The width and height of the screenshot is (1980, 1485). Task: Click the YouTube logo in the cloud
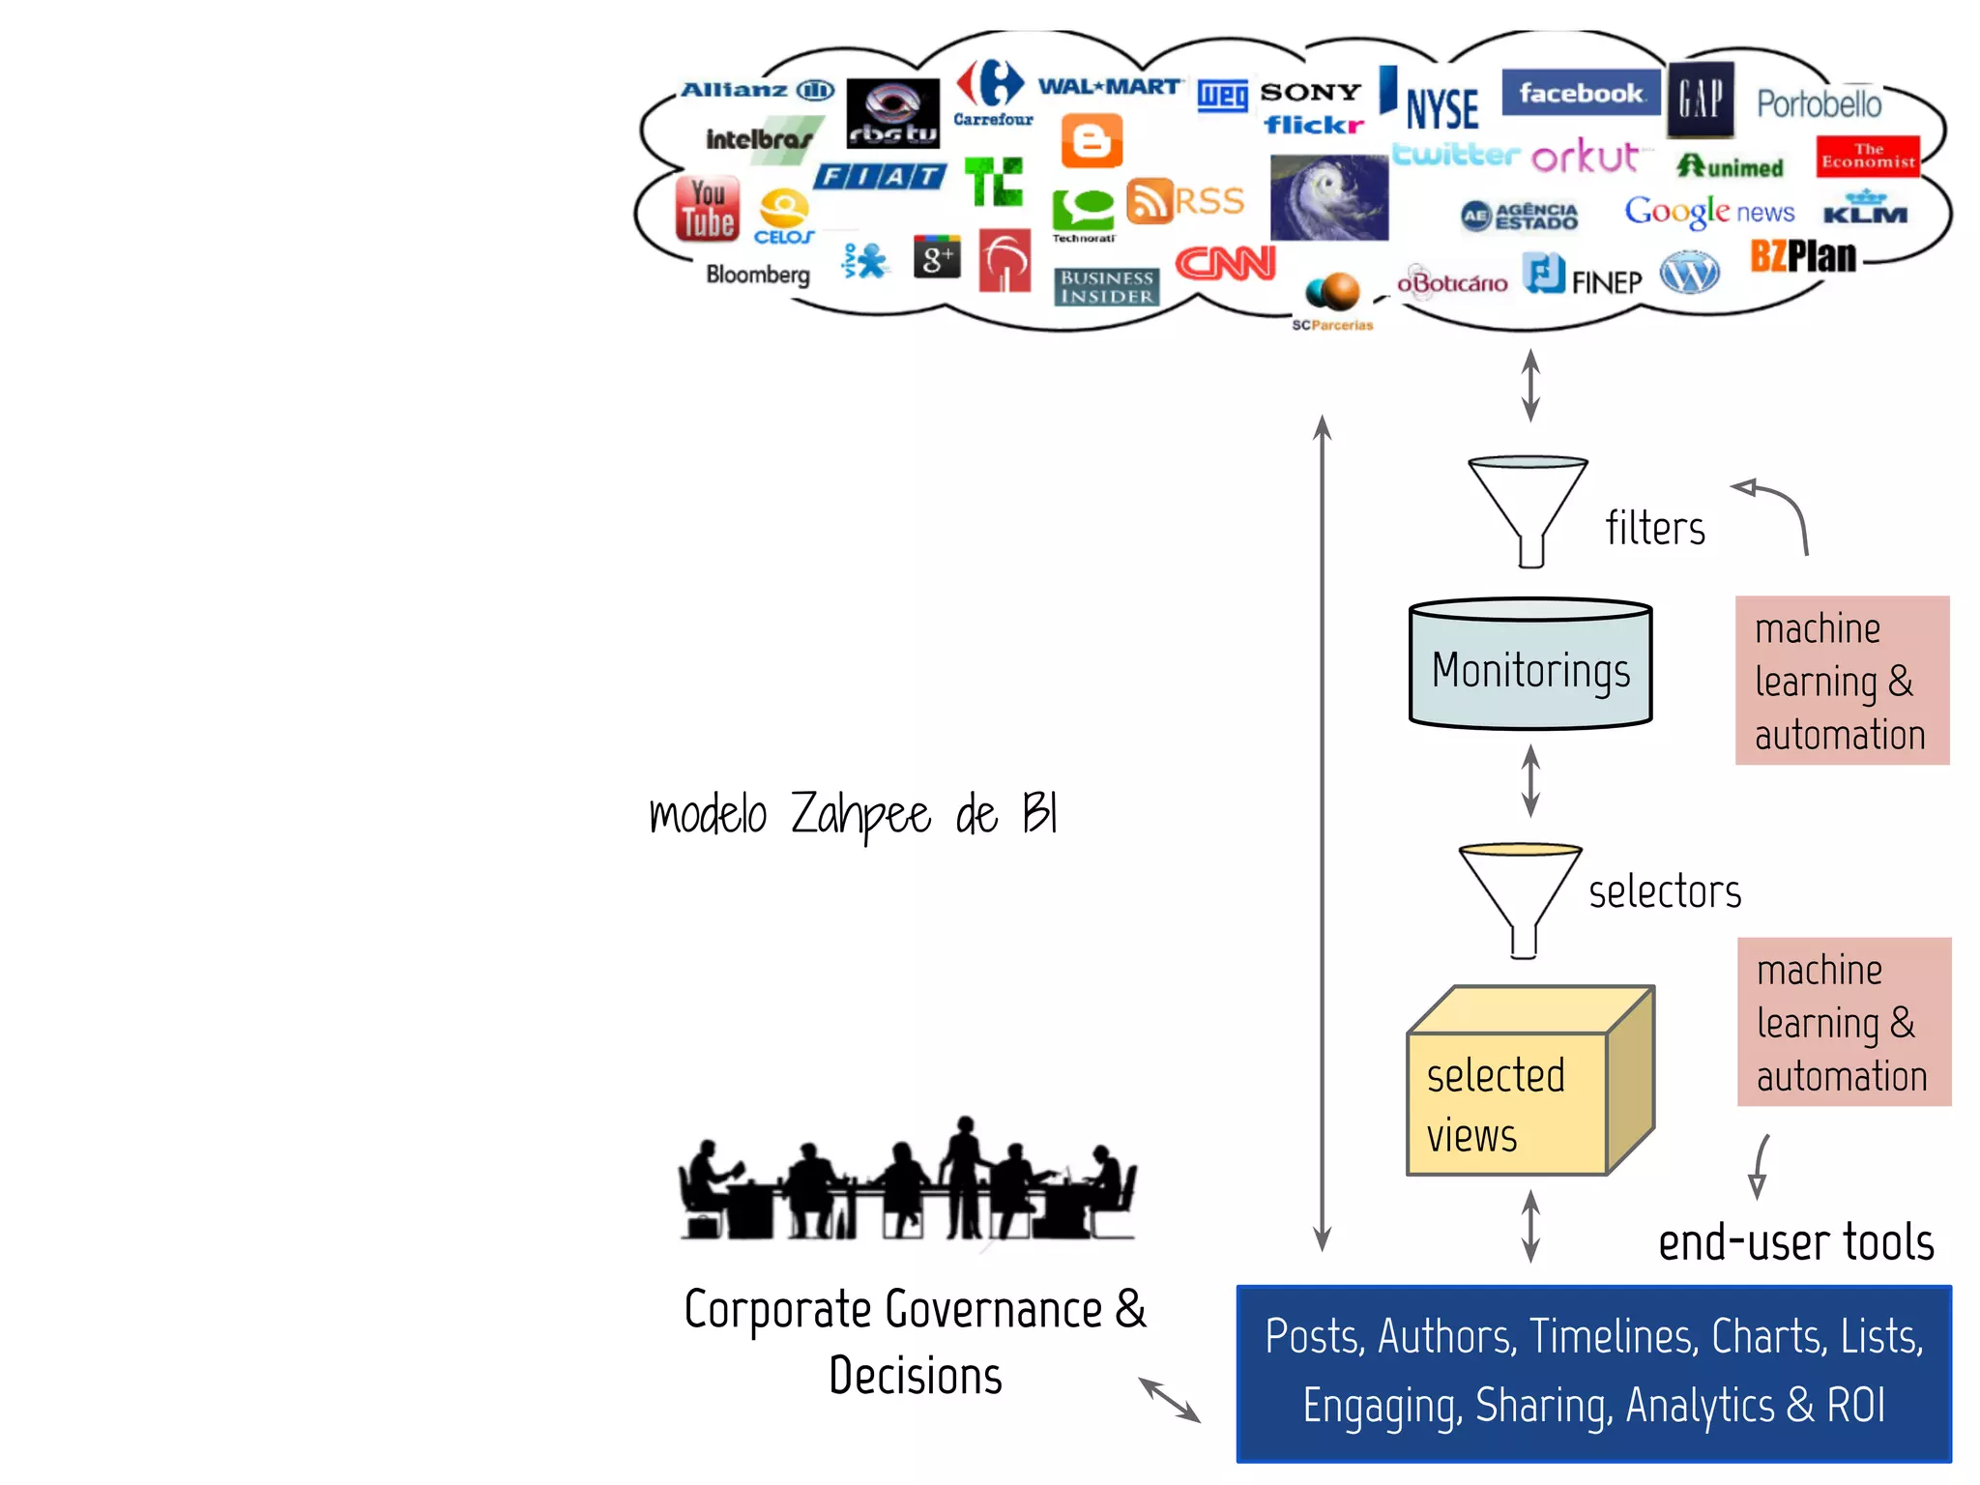[x=707, y=209]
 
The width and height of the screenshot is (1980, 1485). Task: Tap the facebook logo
[x=1580, y=93]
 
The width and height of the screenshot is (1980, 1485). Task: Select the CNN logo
[x=1225, y=263]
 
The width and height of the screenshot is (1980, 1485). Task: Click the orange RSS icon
[x=1150, y=201]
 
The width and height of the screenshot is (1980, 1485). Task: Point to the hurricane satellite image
[x=1328, y=198]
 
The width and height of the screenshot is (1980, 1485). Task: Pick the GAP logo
[x=1700, y=99]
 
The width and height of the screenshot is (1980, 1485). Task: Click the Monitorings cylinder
[x=1529, y=667]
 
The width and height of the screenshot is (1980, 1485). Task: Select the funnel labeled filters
[x=1528, y=508]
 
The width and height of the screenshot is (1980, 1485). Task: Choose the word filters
[x=1654, y=529]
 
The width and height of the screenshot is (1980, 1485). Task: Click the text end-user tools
[x=1795, y=1242]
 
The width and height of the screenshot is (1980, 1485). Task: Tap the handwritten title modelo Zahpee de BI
[x=853, y=814]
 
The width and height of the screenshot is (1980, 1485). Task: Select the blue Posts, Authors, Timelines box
[x=1593, y=1373]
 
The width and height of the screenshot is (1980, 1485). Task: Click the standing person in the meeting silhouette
[x=963, y=1175]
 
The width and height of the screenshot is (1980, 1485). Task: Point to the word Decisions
[x=915, y=1376]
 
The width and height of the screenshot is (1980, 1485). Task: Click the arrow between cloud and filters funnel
[x=1529, y=385]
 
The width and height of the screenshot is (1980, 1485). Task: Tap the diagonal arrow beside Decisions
[x=1169, y=1399]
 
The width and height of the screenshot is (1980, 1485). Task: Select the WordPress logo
[x=1689, y=273]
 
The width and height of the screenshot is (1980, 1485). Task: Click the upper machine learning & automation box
[x=1841, y=681]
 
